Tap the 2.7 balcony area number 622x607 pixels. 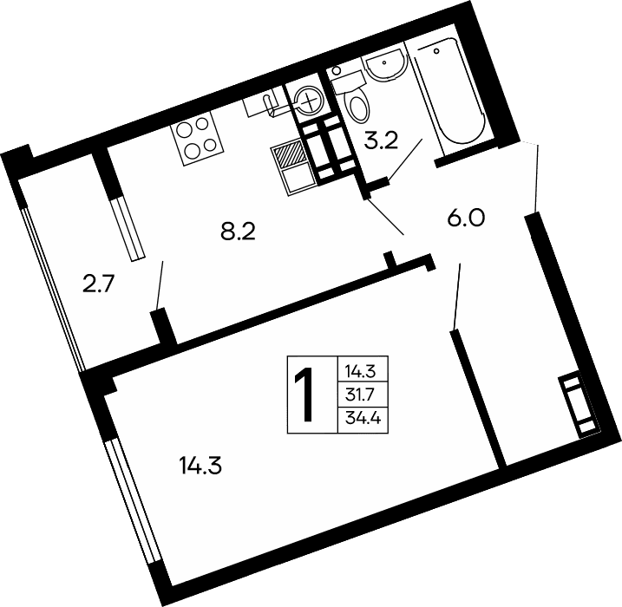[100, 284]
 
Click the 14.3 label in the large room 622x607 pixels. [201, 466]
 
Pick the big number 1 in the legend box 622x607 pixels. [304, 395]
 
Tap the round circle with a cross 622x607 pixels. [307, 102]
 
